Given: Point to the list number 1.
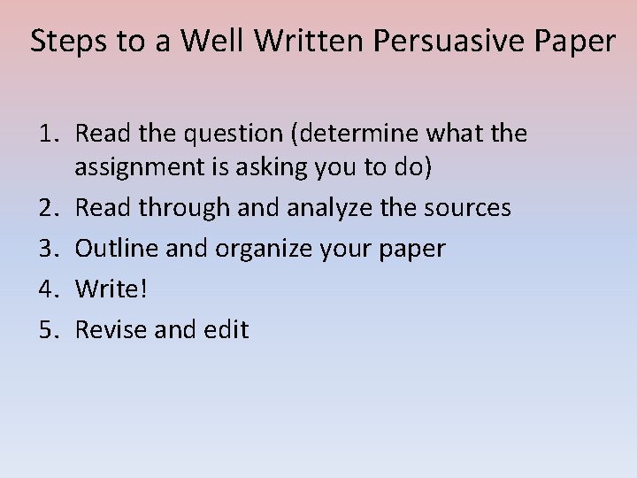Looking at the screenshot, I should click(49, 135).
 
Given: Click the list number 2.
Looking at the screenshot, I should click(49, 208).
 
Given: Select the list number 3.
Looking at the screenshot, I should click(49, 249).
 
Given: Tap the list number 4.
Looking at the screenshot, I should click(49, 289).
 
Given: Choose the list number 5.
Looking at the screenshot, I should click(49, 330).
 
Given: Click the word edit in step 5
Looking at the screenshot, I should click(228, 330).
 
